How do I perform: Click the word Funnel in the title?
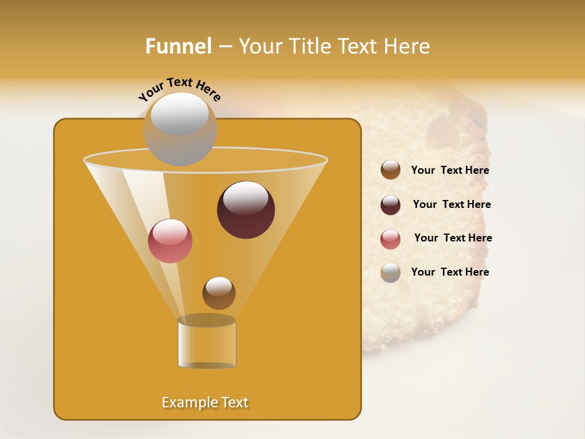tap(179, 46)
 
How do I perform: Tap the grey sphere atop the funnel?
tap(180, 129)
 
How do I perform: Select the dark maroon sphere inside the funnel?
tap(246, 210)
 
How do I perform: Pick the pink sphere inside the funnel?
tap(170, 241)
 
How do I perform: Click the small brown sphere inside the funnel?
tap(219, 293)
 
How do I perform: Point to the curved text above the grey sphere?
tap(180, 90)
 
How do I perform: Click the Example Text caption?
tap(205, 402)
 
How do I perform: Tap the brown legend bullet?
tap(391, 170)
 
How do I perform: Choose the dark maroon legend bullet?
tap(391, 205)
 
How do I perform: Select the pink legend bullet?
tap(391, 239)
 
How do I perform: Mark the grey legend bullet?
tap(391, 273)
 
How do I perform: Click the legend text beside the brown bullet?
tap(450, 170)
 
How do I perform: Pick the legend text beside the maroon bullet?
tap(452, 204)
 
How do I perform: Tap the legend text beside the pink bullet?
tap(453, 238)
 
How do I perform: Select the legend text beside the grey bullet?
tap(450, 272)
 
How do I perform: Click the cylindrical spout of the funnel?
tap(207, 344)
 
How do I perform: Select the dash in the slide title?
tap(224, 47)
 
